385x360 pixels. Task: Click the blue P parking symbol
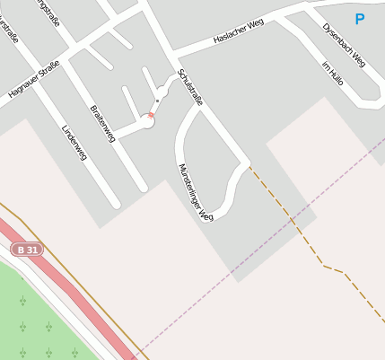[x=360, y=19]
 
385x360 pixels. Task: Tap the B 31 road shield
[x=27, y=250]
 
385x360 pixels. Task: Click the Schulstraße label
[x=190, y=87]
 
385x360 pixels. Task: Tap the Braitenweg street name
[x=103, y=123]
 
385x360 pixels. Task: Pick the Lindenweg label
[x=74, y=142]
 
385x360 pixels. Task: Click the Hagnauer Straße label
[x=33, y=78]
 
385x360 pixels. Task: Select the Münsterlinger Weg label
[x=196, y=192]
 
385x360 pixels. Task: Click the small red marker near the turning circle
[x=151, y=115]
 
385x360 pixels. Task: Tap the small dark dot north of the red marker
[x=157, y=101]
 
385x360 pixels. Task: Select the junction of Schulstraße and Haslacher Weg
[x=170, y=53]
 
